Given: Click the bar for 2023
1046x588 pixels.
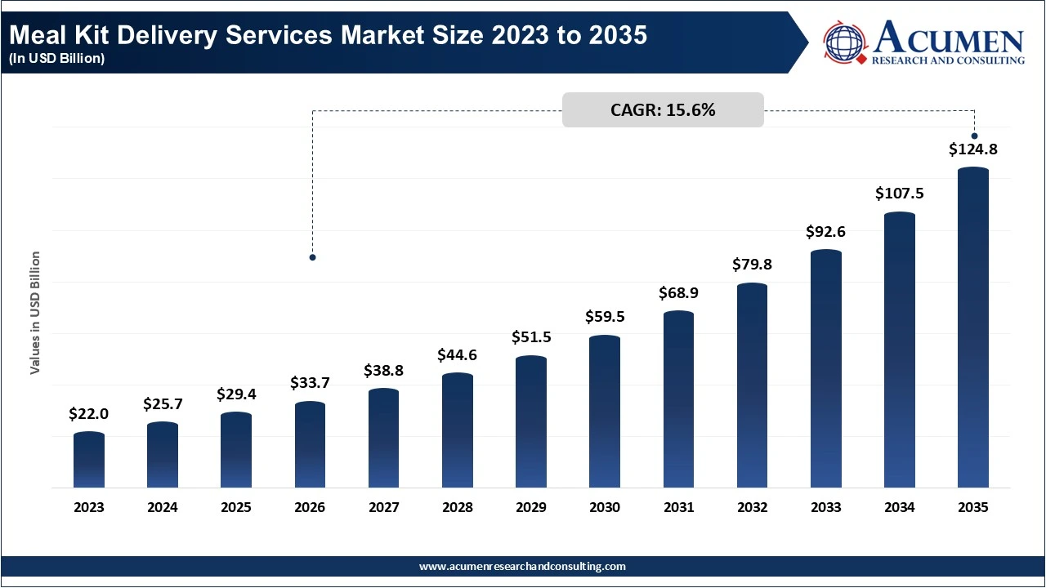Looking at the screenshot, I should pos(89,460).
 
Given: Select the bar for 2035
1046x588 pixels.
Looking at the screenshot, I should pos(973,327).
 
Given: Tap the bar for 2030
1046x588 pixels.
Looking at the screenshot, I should pos(605,412).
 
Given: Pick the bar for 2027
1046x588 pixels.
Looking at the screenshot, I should pos(383,438).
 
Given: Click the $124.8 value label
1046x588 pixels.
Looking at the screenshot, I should pos(973,149).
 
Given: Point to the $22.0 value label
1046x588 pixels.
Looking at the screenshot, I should pos(89,414).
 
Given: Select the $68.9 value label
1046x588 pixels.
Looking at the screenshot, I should pos(679,292).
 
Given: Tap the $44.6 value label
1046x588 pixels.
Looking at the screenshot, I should pos(458,354).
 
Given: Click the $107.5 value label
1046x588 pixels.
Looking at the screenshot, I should pos(900,194).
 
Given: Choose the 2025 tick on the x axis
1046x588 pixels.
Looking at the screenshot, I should pos(236,507).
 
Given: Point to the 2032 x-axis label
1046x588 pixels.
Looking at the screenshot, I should pos(753,507).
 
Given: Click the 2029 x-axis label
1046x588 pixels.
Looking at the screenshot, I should pos(531,507).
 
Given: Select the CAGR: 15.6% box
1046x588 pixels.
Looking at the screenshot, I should pos(663,110).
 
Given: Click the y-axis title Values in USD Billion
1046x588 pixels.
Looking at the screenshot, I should pos(35,313).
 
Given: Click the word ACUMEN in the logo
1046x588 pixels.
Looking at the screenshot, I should pos(948,38).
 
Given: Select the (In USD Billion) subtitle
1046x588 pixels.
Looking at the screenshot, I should pos(56,59).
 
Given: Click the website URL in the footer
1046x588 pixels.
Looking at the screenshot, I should pos(522,566).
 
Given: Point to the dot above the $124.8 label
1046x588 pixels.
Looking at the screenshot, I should pos(974,136).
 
